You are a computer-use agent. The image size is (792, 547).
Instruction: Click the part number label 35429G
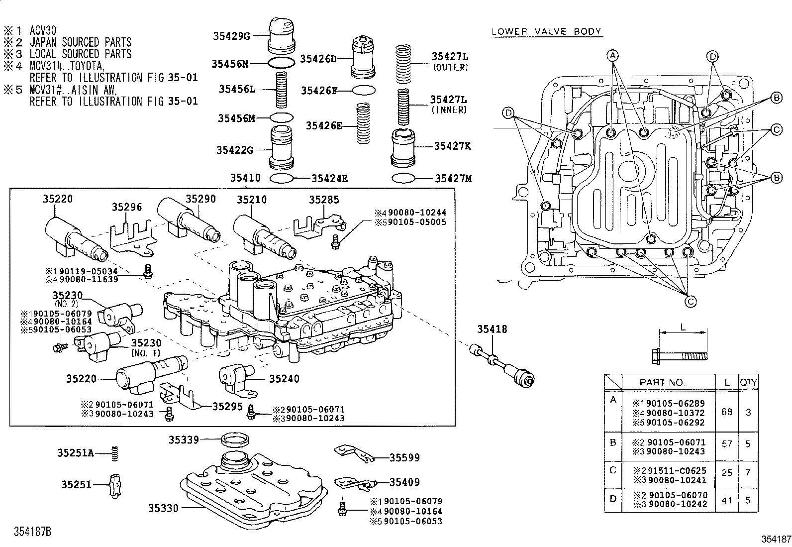(230, 36)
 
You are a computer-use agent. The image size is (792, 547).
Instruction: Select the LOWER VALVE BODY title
(546, 32)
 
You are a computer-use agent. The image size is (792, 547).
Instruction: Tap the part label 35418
(492, 329)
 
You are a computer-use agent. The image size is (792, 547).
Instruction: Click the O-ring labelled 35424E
(281, 178)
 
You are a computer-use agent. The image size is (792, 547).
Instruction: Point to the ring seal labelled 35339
(235, 440)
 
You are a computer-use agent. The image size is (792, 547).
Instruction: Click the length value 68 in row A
(727, 413)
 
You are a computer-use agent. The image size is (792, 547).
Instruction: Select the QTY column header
(748, 383)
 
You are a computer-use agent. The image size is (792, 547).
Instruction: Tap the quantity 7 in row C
(748, 472)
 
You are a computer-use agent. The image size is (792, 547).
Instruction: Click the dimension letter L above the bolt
(683, 328)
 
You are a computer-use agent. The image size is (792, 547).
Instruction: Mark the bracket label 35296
(126, 207)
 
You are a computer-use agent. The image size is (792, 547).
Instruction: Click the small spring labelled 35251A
(115, 453)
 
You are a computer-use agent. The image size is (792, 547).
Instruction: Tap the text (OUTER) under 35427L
(450, 67)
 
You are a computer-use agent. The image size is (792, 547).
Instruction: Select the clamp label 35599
(404, 457)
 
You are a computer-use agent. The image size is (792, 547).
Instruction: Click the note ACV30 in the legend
(43, 30)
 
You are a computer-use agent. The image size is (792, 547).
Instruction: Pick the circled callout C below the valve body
(691, 301)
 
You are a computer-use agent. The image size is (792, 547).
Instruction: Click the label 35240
(284, 379)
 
